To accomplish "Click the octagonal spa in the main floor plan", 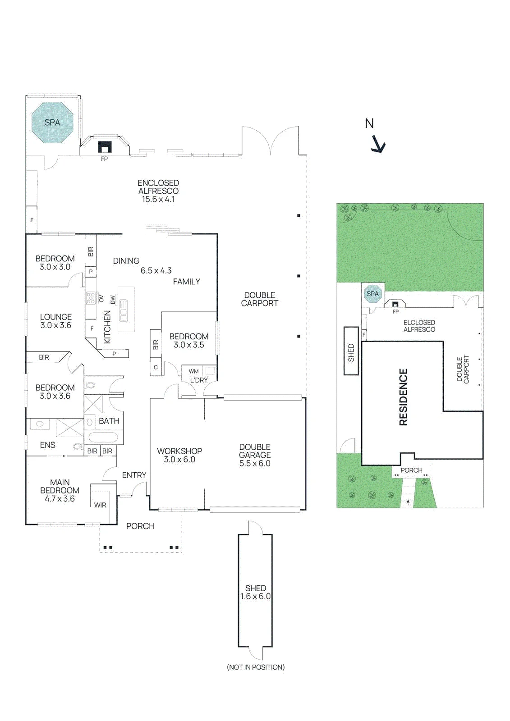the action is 52,123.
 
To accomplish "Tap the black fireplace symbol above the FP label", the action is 104,147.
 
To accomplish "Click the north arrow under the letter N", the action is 377,144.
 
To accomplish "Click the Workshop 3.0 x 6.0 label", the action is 179,455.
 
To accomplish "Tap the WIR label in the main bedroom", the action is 100,505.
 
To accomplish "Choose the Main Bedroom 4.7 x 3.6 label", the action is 60,490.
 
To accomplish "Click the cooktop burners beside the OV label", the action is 91,298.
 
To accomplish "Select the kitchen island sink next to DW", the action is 124,310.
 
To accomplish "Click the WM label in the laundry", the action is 193,371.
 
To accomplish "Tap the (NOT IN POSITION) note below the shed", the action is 256,667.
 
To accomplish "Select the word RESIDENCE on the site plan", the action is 404,397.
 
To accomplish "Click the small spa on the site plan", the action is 372,293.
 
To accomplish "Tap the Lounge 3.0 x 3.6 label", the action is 56,321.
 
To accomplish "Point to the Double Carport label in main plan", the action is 260,299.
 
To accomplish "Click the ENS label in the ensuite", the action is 48,445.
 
